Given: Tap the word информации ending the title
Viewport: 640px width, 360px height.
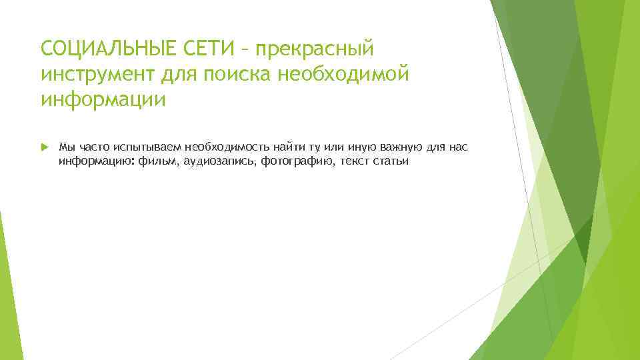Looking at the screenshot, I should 103,99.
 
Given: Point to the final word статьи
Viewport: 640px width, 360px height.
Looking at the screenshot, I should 393,161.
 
